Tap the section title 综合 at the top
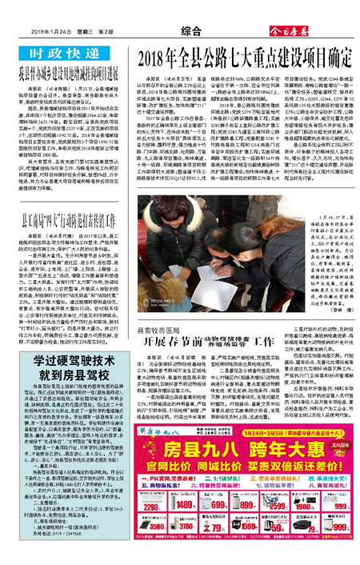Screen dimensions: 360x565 [x=179, y=30]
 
